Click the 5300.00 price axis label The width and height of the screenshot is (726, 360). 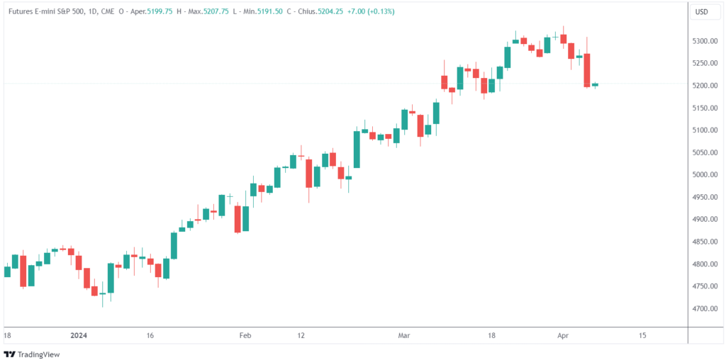707,41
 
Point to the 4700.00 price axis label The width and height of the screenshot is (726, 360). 707,309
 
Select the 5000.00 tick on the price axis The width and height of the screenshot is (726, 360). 707,175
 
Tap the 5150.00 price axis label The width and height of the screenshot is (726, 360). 707,108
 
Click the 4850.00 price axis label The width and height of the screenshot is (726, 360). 707,242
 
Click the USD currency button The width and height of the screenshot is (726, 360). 702,12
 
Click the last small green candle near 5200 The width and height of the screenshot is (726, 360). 595,85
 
